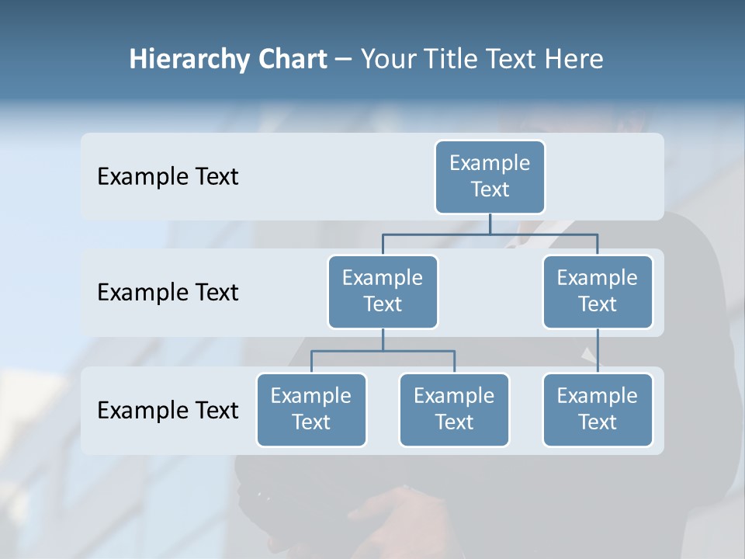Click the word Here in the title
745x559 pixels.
pyautogui.click(x=574, y=59)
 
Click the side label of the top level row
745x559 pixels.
pyautogui.click(x=168, y=177)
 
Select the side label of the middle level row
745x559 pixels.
pyautogui.click(x=168, y=293)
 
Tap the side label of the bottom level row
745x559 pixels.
pyautogui.click(x=168, y=411)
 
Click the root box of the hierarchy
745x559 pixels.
pyautogui.click(x=490, y=176)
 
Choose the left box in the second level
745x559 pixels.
pyautogui.click(x=383, y=292)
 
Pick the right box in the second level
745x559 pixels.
pyautogui.click(x=598, y=292)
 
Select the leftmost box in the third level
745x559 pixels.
pyautogui.click(x=311, y=410)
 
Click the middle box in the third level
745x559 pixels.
pyautogui.click(x=454, y=410)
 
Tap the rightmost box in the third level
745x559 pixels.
pyautogui.click(x=598, y=410)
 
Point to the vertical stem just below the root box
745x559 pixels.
pyautogui.click(x=490, y=224)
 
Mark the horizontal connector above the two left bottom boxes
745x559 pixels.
pyautogui.click(x=383, y=351)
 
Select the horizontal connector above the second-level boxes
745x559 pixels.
pyautogui.click(x=490, y=234)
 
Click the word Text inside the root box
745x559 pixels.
pyautogui.click(x=490, y=189)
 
